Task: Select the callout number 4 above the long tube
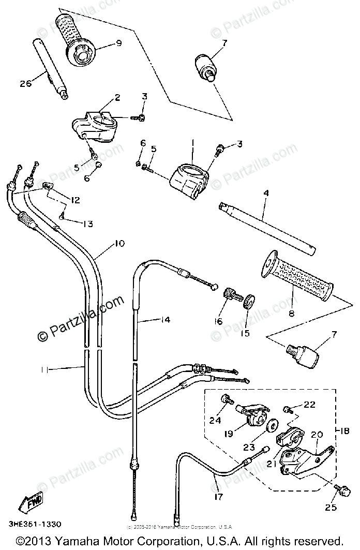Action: (x=265, y=194)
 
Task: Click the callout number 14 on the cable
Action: (x=165, y=321)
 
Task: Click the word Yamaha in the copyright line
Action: (x=79, y=541)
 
